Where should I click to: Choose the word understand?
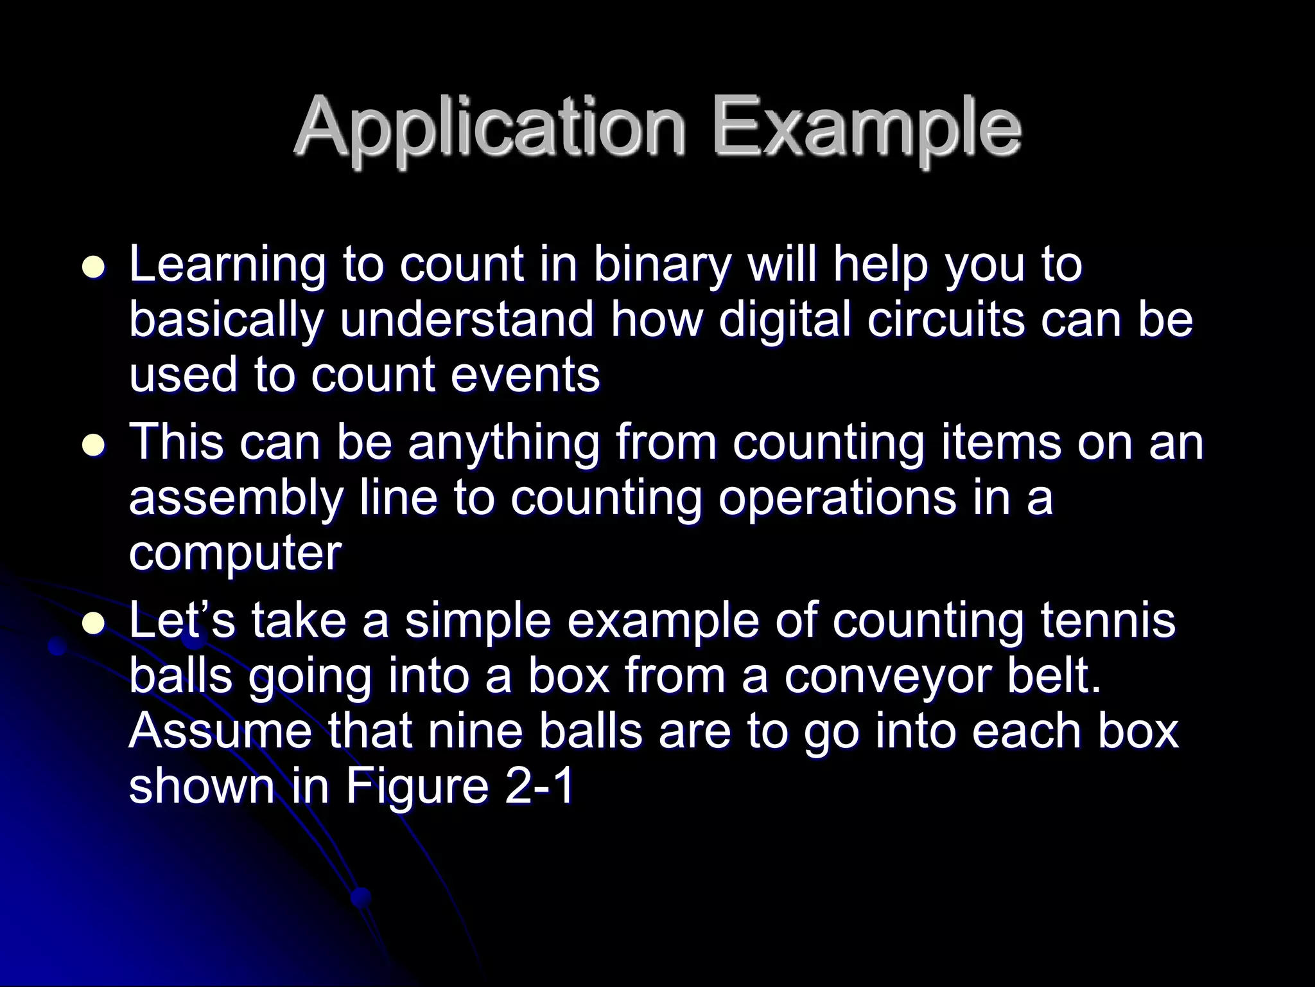coord(467,319)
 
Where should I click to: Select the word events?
coord(525,375)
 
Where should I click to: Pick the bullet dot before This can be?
coord(93,445)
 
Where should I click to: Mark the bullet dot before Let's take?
coord(93,622)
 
